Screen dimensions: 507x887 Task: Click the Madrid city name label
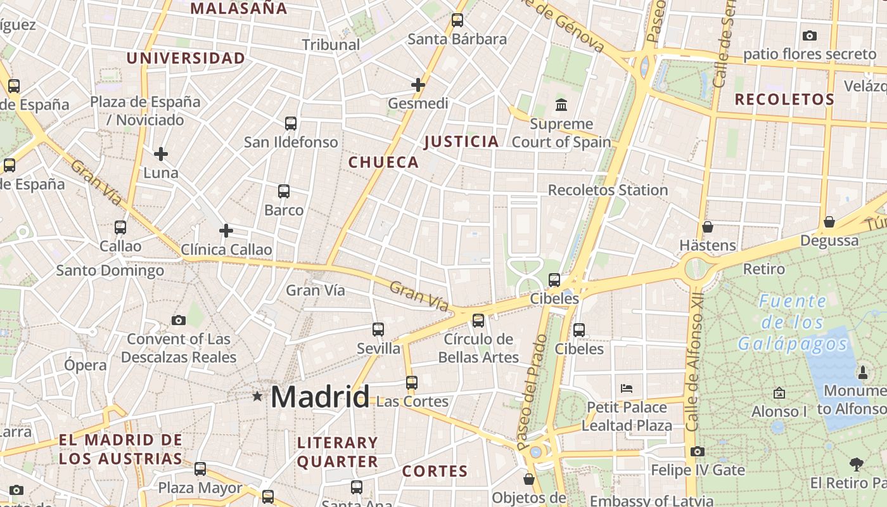(319, 397)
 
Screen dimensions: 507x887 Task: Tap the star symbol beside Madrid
(257, 397)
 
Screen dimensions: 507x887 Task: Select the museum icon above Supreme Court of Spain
(561, 105)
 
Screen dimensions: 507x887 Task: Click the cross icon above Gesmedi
(418, 84)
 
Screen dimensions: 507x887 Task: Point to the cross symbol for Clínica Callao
(226, 231)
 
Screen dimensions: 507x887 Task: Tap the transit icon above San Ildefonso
(291, 123)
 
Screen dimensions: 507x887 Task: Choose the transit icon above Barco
(284, 191)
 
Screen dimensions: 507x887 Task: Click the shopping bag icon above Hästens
(708, 226)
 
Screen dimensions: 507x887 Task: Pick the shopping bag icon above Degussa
(829, 222)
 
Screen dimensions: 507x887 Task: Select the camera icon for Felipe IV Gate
(698, 451)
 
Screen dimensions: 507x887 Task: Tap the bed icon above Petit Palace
(627, 388)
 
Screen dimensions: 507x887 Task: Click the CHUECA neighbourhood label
(383, 162)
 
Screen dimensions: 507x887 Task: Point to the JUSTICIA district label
(461, 141)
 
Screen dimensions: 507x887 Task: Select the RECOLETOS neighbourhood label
(784, 99)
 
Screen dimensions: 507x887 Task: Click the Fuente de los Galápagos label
(793, 323)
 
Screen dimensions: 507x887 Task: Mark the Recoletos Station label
(608, 190)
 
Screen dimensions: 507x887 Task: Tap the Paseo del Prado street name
(532, 392)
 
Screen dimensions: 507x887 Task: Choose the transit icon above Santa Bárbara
(457, 20)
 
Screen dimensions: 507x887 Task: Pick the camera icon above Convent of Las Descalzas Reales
(179, 320)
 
